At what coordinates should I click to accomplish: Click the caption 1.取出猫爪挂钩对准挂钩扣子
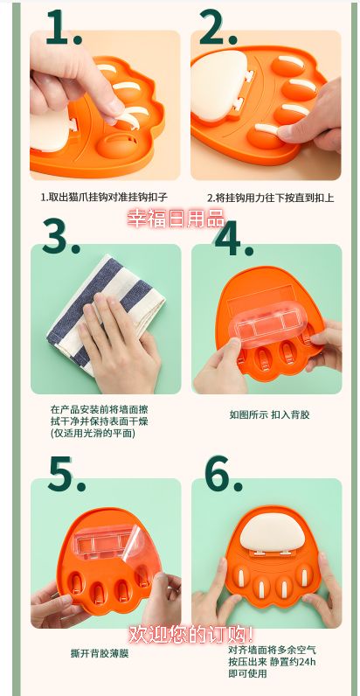tap(103, 198)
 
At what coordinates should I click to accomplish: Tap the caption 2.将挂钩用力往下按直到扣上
tap(270, 198)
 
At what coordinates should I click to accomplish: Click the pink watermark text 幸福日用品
tap(176, 219)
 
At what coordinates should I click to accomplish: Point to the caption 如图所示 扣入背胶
tap(269, 414)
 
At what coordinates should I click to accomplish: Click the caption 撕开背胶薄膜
tap(99, 652)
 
